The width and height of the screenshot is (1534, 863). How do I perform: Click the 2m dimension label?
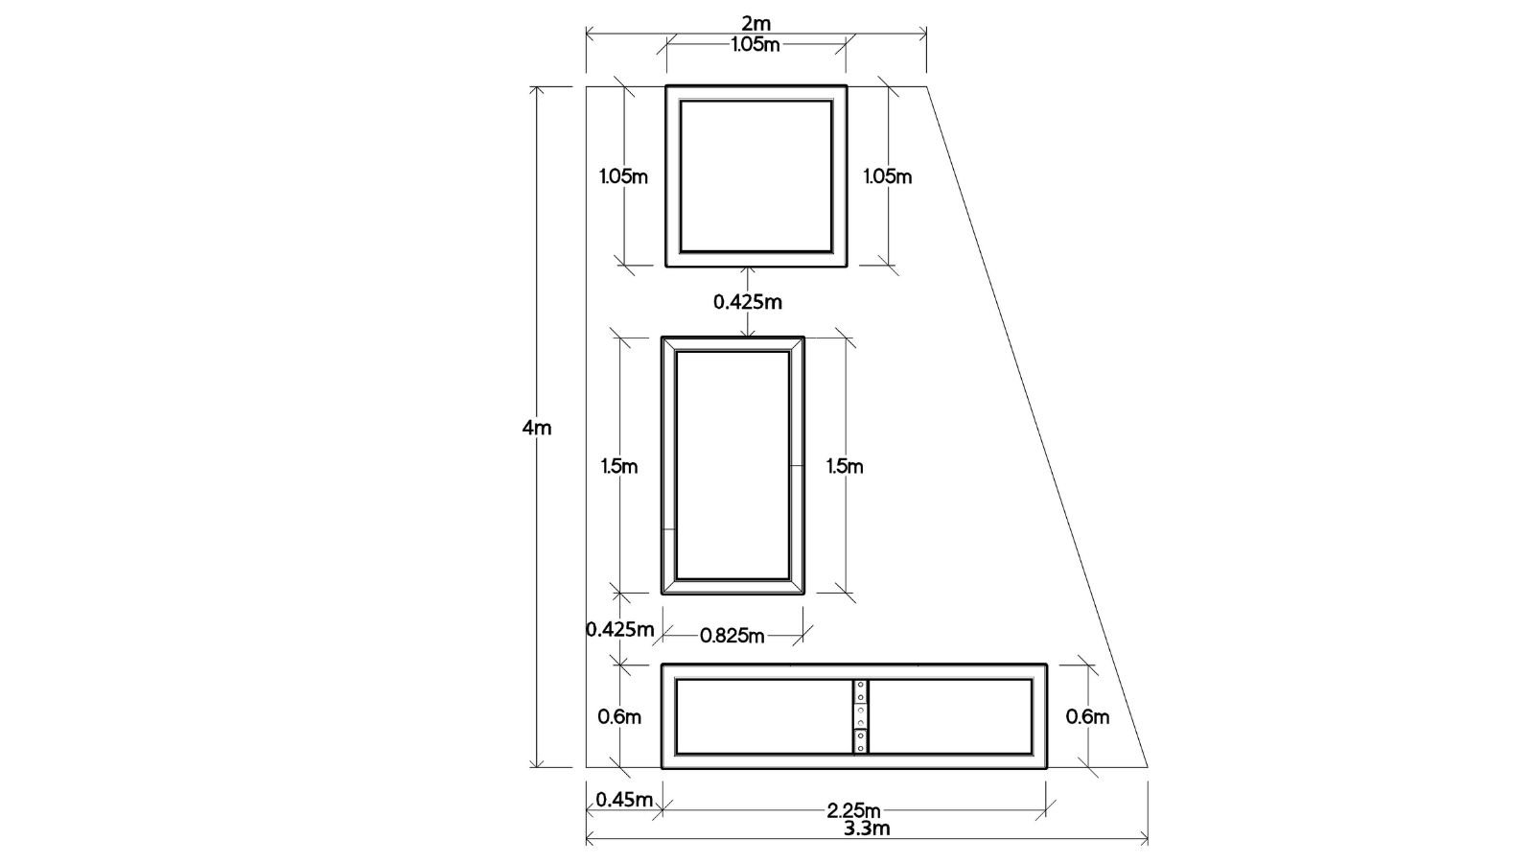pos(756,24)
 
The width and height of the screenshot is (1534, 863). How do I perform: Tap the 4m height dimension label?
pos(536,428)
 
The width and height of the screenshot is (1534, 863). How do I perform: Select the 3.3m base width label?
pos(867,828)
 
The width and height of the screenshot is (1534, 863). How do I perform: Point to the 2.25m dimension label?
pos(853,811)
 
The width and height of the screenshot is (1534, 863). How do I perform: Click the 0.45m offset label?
pos(624,800)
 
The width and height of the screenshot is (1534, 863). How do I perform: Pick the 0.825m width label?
pos(732,637)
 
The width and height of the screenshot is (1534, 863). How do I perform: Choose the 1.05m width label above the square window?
pos(755,45)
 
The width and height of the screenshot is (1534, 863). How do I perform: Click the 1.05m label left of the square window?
pos(623,176)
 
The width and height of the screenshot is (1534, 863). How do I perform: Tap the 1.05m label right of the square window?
pos(888,176)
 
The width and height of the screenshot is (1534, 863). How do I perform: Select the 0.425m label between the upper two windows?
pos(748,302)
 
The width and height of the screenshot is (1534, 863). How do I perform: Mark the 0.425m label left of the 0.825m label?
pos(620,629)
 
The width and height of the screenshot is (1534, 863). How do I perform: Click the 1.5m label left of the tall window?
pos(619,467)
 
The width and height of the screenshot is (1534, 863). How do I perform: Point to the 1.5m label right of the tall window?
pos(845,467)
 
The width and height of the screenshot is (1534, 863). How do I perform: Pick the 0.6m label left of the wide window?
pos(619,717)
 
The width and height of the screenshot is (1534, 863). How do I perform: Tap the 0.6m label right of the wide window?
pos(1087,717)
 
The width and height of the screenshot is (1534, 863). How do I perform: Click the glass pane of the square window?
pos(756,176)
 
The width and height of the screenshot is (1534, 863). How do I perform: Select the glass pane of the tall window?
pos(732,466)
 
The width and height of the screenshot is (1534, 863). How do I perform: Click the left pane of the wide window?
pos(764,716)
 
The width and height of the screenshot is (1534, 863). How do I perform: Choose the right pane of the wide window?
pos(950,716)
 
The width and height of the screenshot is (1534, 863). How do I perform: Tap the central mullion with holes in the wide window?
pos(861,716)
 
